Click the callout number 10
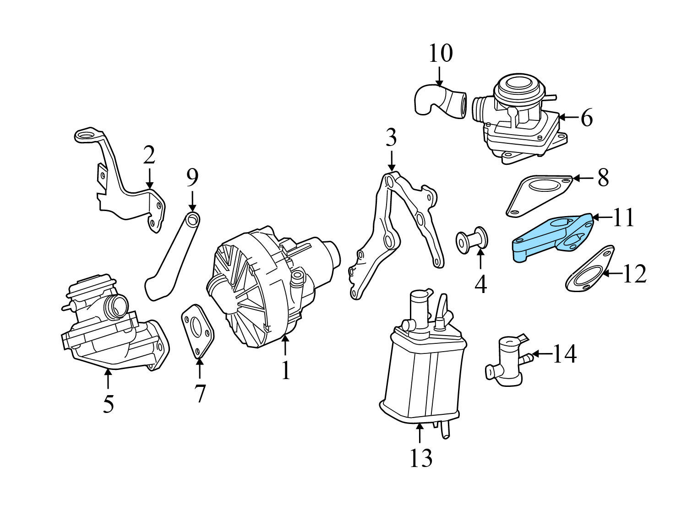(440, 54)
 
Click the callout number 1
(285, 371)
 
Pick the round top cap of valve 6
(515, 85)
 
